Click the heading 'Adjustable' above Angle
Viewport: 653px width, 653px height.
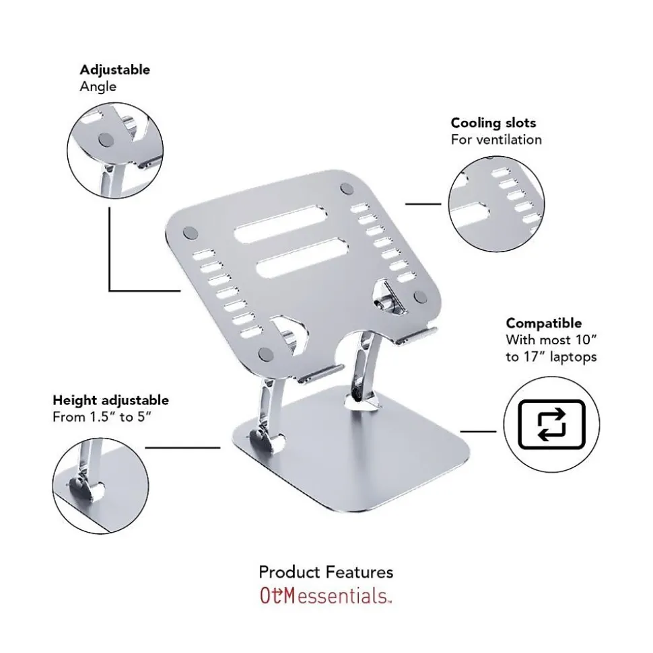tap(114, 70)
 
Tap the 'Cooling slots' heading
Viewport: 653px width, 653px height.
tap(493, 123)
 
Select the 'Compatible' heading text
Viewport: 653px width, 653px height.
tap(543, 323)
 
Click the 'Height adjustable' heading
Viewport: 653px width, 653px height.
tap(110, 401)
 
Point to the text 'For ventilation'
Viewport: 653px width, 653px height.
tap(495, 140)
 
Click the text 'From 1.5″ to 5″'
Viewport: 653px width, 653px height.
tap(101, 418)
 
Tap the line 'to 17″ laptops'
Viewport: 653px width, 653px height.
tap(551, 357)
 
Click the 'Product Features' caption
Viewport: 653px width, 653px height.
tap(326, 572)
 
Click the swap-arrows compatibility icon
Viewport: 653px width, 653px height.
tap(551, 424)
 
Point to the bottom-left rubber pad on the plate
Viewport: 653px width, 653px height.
tap(267, 354)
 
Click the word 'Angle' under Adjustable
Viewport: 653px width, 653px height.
tap(98, 87)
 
